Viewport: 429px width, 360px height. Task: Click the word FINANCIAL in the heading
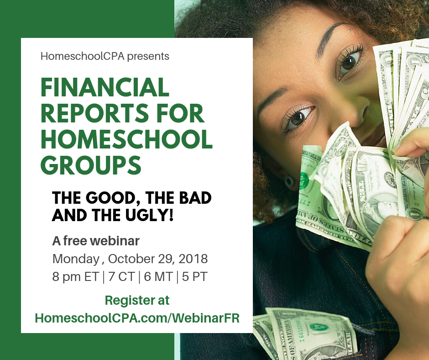[x=105, y=87]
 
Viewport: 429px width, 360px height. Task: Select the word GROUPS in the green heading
[x=91, y=165]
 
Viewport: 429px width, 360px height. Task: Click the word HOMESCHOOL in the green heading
[x=126, y=139]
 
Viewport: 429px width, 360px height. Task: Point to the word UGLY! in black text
[x=149, y=215]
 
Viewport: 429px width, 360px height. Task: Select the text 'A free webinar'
[x=96, y=241]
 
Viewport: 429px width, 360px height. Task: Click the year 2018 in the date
[x=193, y=259]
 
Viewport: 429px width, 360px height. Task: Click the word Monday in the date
[x=76, y=259]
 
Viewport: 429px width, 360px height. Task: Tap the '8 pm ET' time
[x=75, y=277]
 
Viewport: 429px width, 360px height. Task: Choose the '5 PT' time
[x=194, y=277]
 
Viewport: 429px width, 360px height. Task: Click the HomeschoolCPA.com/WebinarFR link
[x=137, y=318]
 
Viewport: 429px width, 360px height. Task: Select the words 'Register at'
[x=137, y=300]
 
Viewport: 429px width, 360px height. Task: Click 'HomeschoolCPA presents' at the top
[x=105, y=57]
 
